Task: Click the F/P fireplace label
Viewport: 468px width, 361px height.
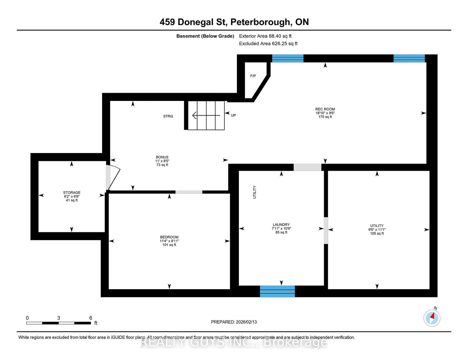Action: (253, 76)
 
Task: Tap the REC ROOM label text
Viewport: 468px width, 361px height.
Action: (325, 109)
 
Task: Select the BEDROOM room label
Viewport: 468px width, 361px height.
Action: (169, 237)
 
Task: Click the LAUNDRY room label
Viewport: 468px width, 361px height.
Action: (281, 225)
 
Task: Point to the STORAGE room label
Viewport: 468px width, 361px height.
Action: (72, 193)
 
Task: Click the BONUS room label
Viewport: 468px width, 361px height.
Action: (162, 157)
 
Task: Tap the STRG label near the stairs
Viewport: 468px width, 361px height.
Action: (168, 116)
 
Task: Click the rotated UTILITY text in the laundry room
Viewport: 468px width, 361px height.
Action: (254, 192)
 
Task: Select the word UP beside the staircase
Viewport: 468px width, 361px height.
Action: (233, 115)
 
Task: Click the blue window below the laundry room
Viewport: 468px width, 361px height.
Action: (277, 291)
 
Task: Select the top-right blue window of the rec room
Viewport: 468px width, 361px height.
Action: (409, 58)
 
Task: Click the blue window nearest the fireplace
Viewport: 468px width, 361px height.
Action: (288, 58)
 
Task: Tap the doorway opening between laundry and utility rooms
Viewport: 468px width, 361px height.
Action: (326, 230)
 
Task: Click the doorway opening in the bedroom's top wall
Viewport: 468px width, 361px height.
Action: (189, 192)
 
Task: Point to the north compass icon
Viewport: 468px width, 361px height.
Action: (432, 318)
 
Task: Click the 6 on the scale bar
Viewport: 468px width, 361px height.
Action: (91, 318)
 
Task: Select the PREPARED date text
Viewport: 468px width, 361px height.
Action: (234, 322)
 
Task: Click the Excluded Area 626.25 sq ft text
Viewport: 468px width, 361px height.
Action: (268, 43)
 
